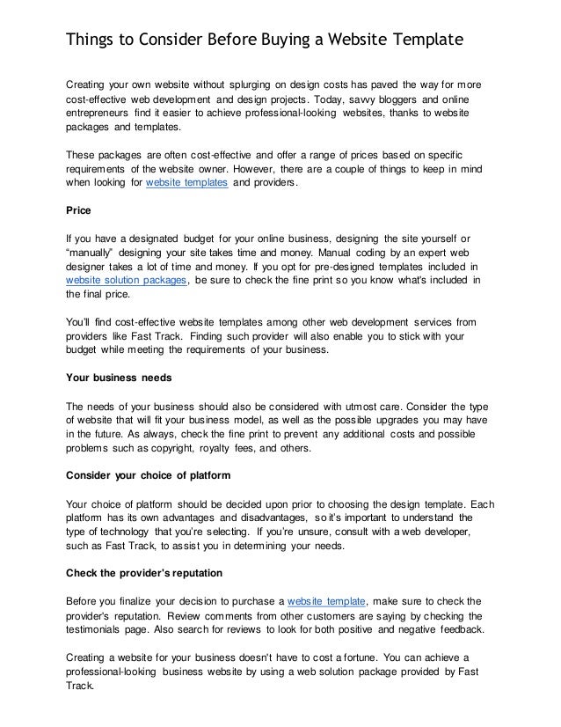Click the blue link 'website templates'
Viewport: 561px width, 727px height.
point(187,183)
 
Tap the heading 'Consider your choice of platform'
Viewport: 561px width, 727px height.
point(149,476)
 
